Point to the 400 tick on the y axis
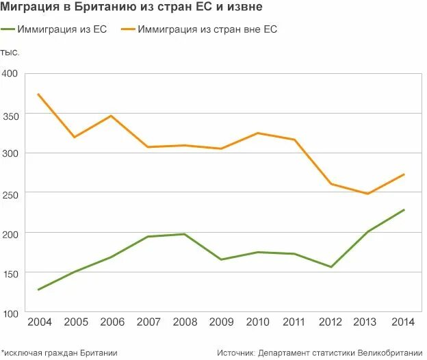click(10, 74)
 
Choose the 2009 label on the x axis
click(220, 322)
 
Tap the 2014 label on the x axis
click(403, 322)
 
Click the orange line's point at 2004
click(38, 94)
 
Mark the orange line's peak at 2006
click(111, 116)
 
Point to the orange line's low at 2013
click(367, 194)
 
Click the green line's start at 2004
click(38, 290)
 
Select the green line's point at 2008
click(184, 234)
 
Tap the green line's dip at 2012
click(331, 267)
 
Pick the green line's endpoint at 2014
click(404, 209)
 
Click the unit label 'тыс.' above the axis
click(10, 52)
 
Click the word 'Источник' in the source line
click(236, 352)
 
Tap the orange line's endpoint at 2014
click(404, 174)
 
